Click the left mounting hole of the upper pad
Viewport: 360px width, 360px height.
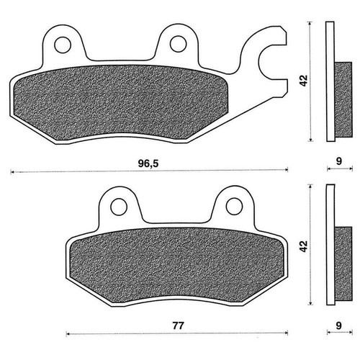[63, 45]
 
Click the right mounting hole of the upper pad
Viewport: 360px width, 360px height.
[179, 44]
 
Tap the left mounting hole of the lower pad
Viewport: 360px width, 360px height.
[119, 207]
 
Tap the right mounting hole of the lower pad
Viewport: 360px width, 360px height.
[234, 206]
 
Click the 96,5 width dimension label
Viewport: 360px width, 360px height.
[148, 163]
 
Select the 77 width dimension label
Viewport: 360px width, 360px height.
[178, 325]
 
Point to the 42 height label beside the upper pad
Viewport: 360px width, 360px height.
[304, 81]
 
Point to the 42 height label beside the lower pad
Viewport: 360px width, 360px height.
[304, 246]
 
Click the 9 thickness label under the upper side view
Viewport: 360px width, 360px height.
[338, 161]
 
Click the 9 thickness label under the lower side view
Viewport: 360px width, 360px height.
[338, 325]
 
